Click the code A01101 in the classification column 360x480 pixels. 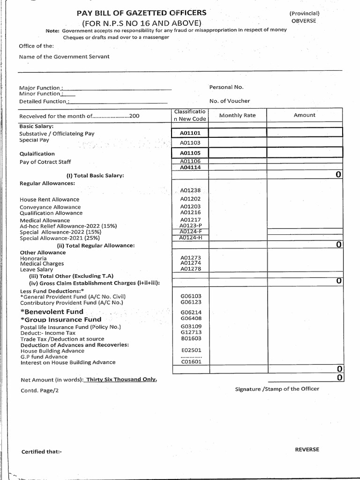(190, 133)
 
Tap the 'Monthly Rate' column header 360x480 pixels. (237, 115)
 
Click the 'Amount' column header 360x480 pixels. (305, 115)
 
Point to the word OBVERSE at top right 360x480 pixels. (304, 21)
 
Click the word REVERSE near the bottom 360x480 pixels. (307, 449)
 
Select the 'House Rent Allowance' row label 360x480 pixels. (50, 200)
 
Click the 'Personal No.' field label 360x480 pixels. (226, 87)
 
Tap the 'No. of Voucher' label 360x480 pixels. (230, 101)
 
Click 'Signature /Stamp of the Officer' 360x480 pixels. (277, 389)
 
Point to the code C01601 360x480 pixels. (191, 362)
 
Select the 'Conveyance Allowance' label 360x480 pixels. (50, 207)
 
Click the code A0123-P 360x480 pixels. (191, 225)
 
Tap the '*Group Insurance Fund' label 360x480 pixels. (60, 320)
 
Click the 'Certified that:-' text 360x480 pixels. (42, 452)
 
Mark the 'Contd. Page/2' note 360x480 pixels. (40, 390)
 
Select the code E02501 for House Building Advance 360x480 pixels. (191, 350)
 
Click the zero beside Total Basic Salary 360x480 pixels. (338, 175)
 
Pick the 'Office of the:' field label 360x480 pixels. (36, 46)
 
